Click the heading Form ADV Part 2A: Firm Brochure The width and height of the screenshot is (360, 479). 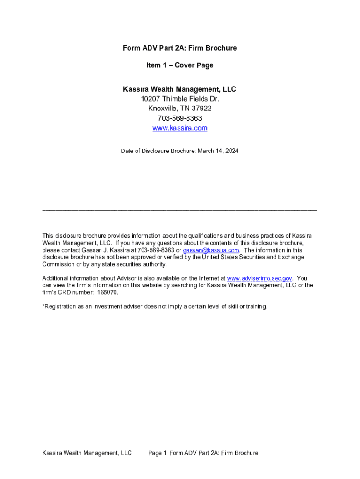point(180,48)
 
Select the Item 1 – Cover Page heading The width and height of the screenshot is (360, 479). point(180,65)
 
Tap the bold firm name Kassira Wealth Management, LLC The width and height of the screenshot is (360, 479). point(180,89)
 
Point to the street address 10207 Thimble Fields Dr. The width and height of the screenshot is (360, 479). point(180,99)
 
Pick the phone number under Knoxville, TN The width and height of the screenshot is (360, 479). point(180,118)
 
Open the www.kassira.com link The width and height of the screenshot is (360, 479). point(180,128)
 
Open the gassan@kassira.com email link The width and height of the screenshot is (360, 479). point(215,250)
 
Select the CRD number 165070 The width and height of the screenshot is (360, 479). point(108,292)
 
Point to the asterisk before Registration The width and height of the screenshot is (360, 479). point(43,306)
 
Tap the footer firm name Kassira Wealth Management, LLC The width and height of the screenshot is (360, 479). point(87,453)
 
